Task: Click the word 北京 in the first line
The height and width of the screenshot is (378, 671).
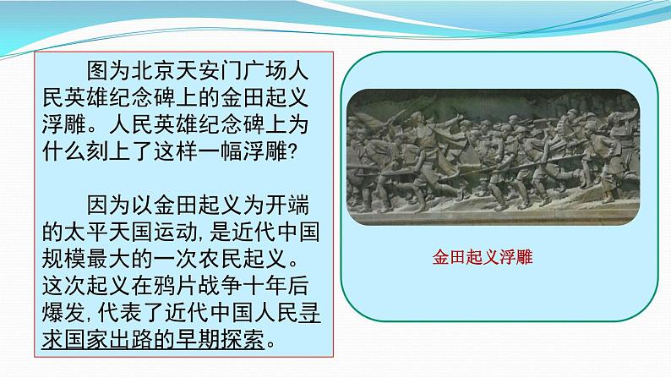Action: click(x=153, y=70)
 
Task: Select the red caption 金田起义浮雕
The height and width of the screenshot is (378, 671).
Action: click(x=483, y=257)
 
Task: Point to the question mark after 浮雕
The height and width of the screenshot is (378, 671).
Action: click(x=292, y=151)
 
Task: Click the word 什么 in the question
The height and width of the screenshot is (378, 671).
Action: click(x=64, y=151)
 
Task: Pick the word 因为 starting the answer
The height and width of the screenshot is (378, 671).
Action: click(x=109, y=205)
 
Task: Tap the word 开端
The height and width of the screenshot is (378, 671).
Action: click(x=286, y=205)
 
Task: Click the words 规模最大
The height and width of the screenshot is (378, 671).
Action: click(x=86, y=259)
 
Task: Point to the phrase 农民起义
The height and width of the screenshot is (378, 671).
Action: click(x=243, y=259)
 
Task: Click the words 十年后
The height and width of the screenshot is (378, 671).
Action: click(x=275, y=286)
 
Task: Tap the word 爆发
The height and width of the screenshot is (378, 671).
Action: click(x=64, y=313)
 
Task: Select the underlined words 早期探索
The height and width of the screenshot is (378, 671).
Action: click(x=220, y=340)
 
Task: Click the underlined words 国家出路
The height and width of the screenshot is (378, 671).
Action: click(x=109, y=340)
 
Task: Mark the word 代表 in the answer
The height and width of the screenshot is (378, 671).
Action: click(x=120, y=313)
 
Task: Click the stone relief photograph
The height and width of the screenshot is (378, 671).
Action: click(x=493, y=156)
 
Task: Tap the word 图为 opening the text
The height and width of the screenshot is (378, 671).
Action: click(x=109, y=70)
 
